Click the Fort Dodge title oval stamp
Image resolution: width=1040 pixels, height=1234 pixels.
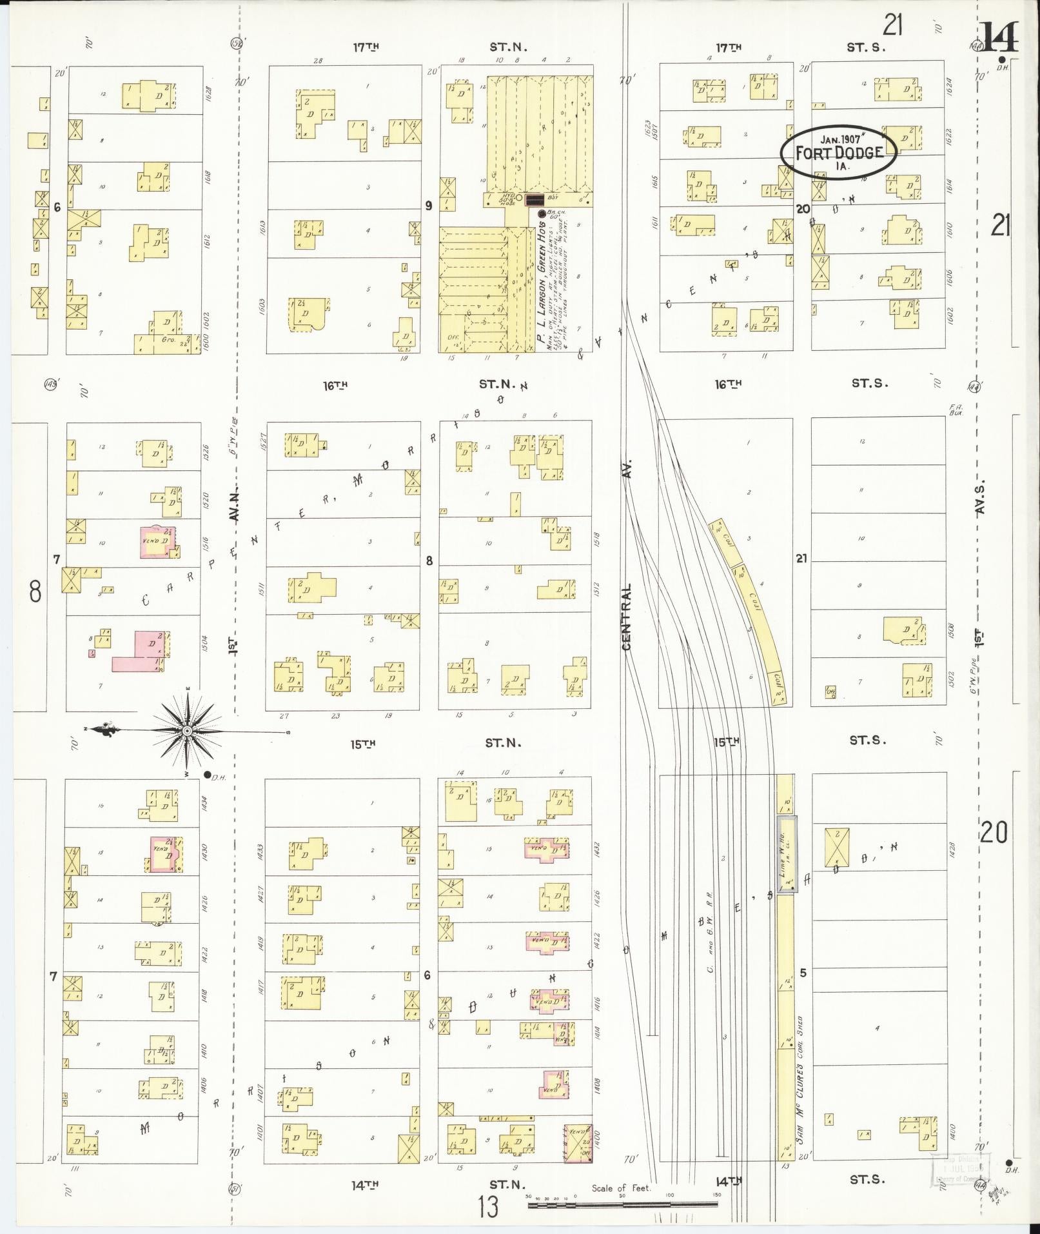coord(838,153)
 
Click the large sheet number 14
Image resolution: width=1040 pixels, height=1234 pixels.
coord(999,37)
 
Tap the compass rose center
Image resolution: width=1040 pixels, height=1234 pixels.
coord(187,731)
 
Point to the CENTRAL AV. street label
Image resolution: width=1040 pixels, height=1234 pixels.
coord(628,555)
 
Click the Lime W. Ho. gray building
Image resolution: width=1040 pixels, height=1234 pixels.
coord(786,855)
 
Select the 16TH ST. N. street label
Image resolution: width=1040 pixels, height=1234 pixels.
coord(426,385)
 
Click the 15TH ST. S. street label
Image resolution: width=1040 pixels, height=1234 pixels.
coord(800,741)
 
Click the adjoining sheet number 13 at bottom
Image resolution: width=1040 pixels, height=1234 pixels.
coord(488,1206)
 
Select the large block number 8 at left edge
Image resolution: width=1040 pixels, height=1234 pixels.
coord(35,590)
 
